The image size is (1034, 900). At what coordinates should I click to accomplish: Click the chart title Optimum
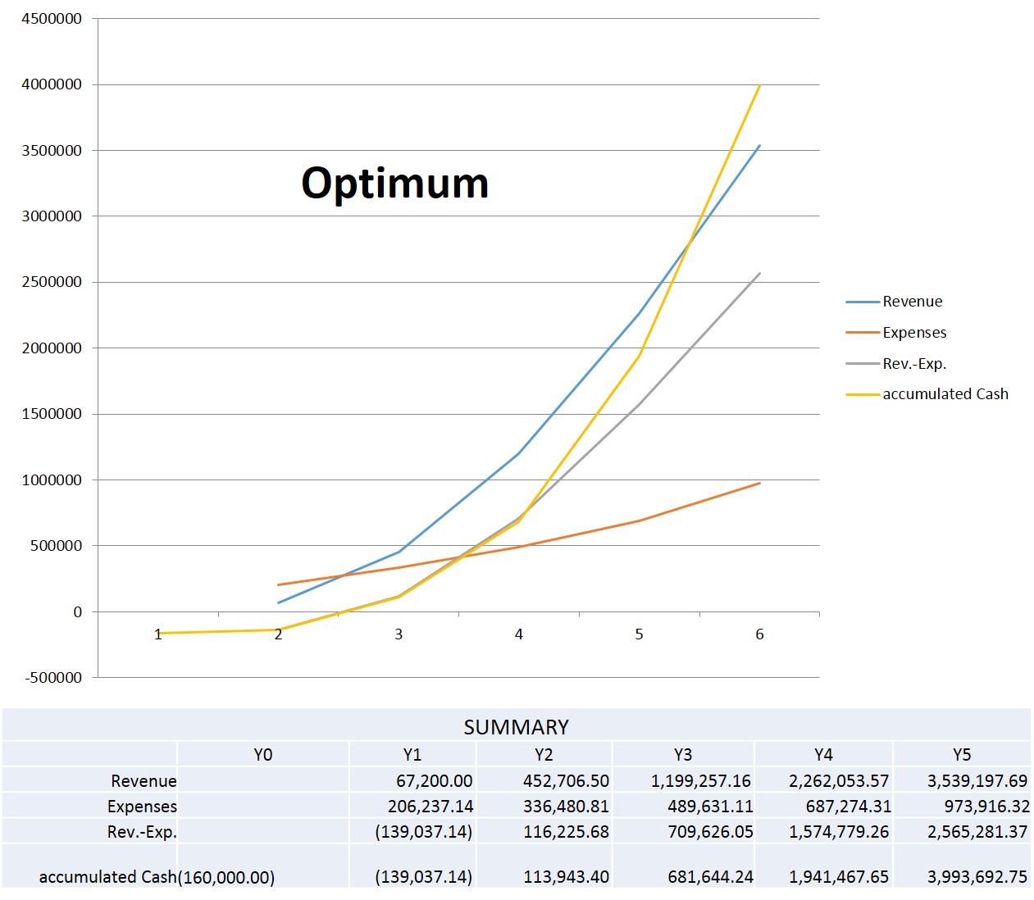click(394, 183)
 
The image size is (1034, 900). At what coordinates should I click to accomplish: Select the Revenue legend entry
click(912, 302)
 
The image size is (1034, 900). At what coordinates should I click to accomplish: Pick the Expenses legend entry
click(914, 333)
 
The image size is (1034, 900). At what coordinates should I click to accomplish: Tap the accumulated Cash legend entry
click(945, 394)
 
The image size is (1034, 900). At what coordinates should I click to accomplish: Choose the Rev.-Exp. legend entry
click(914, 364)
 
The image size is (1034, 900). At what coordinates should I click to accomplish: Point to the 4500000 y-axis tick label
click(52, 19)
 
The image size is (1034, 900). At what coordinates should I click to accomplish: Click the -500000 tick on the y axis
click(54, 678)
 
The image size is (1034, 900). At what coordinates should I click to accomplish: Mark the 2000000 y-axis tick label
click(52, 348)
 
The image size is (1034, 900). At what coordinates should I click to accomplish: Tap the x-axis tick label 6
click(759, 634)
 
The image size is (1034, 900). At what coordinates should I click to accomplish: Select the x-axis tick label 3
click(399, 634)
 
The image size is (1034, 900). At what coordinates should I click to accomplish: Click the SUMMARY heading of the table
click(516, 727)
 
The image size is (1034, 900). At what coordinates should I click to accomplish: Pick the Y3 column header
click(682, 755)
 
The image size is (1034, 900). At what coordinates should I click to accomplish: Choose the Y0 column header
click(262, 755)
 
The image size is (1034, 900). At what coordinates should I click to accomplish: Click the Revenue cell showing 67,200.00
click(434, 781)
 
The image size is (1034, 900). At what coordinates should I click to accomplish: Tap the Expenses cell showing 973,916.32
click(986, 807)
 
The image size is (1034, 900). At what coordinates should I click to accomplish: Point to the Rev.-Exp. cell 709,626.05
click(710, 832)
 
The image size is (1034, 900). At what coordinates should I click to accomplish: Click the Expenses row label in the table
click(142, 807)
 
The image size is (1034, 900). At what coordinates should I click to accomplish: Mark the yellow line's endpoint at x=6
click(760, 85)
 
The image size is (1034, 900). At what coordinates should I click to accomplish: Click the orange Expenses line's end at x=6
click(759, 484)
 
